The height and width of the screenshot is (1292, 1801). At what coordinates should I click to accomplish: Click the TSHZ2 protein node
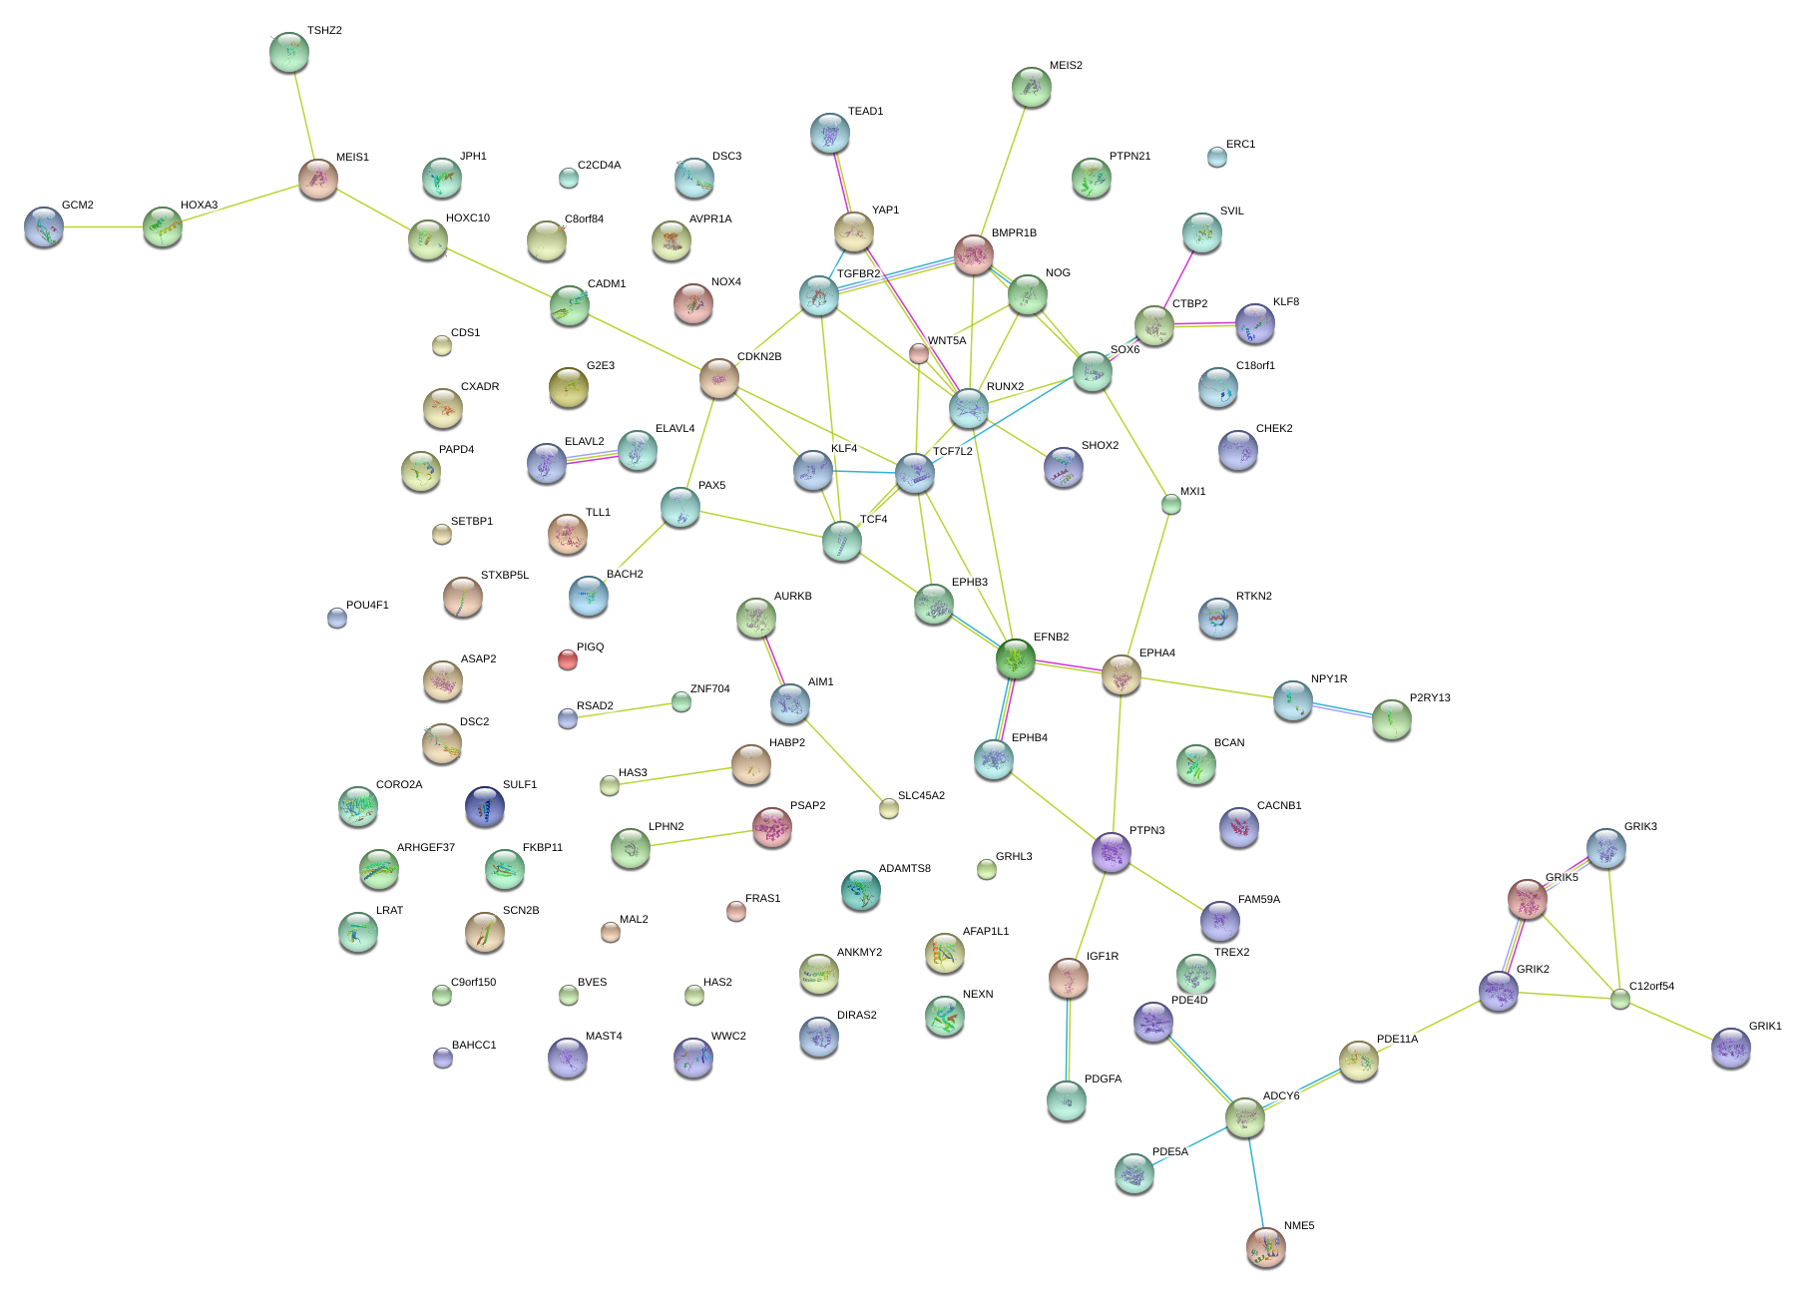point(289,52)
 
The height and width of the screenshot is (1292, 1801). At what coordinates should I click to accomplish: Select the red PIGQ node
point(568,659)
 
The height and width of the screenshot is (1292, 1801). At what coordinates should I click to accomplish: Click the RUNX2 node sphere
point(969,408)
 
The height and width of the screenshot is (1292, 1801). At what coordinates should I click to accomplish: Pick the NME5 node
point(1266,1247)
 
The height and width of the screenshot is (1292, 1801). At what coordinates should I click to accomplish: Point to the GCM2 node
point(44,227)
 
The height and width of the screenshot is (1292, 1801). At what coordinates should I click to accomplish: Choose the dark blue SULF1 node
point(485,807)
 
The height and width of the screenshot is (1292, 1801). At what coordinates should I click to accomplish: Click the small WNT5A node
point(919,352)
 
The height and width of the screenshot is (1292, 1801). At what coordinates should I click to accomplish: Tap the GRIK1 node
point(1731,1048)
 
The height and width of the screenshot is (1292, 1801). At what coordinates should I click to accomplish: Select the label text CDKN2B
point(759,357)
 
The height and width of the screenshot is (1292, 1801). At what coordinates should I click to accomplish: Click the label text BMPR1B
point(1014,233)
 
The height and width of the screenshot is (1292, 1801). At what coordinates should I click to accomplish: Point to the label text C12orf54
point(1651,987)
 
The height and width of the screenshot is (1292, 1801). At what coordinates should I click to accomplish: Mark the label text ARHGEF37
point(426,848)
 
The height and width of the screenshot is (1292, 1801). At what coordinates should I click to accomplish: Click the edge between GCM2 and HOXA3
point(104,227)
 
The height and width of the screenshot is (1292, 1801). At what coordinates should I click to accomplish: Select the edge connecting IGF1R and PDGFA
point(1068,1039)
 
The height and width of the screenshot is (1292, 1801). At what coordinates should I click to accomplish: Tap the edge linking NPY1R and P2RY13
point(1342,710)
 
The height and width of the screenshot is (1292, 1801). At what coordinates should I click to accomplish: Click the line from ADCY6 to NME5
point(1255,1182)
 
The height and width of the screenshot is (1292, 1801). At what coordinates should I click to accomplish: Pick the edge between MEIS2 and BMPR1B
point(1003,170)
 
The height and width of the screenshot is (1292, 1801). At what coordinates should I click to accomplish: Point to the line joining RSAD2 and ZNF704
point(625,710)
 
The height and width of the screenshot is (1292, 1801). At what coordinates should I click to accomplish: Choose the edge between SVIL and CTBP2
point(1178,278)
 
